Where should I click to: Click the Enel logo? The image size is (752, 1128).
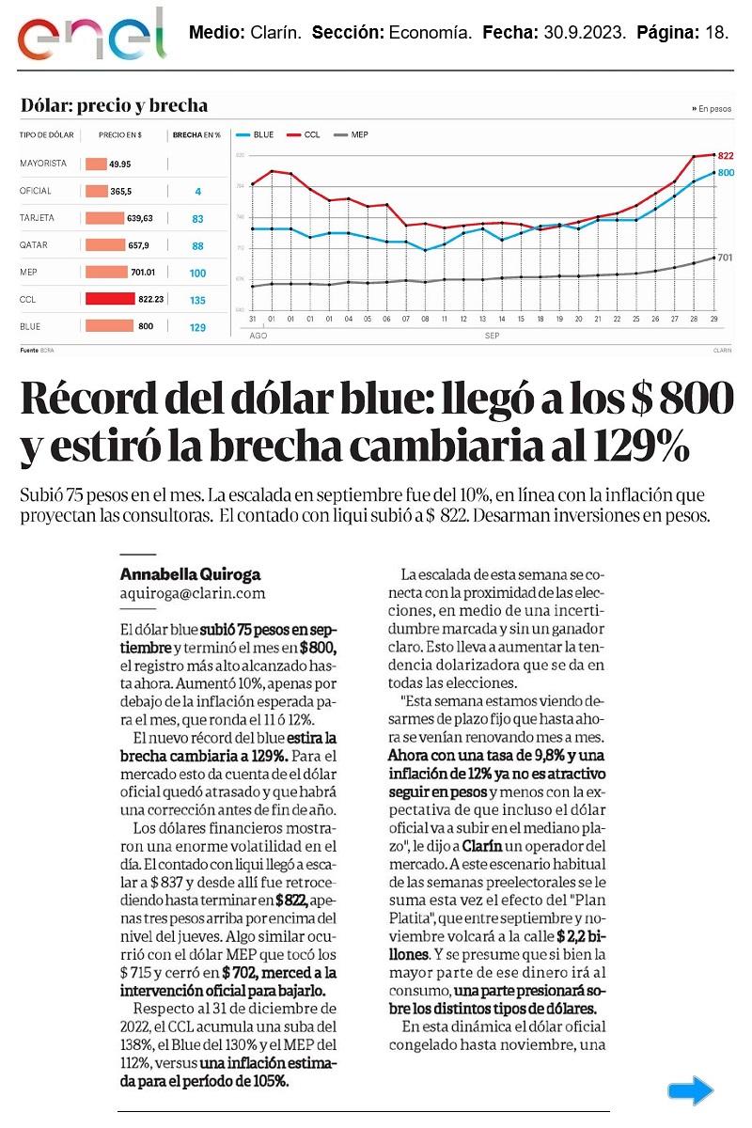91,34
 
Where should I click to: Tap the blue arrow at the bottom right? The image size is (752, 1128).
691,1090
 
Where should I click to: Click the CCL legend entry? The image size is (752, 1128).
304,134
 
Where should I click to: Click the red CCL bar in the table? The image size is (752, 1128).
109,299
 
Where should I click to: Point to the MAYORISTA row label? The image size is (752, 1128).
43,164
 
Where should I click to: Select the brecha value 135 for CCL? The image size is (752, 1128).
197,301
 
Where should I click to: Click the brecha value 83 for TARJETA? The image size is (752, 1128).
197,219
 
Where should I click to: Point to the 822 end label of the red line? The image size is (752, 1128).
725,156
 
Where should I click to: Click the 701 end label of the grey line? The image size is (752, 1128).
725,257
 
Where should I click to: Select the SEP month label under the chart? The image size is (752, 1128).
492,336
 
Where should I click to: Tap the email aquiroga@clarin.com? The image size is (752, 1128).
193,593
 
